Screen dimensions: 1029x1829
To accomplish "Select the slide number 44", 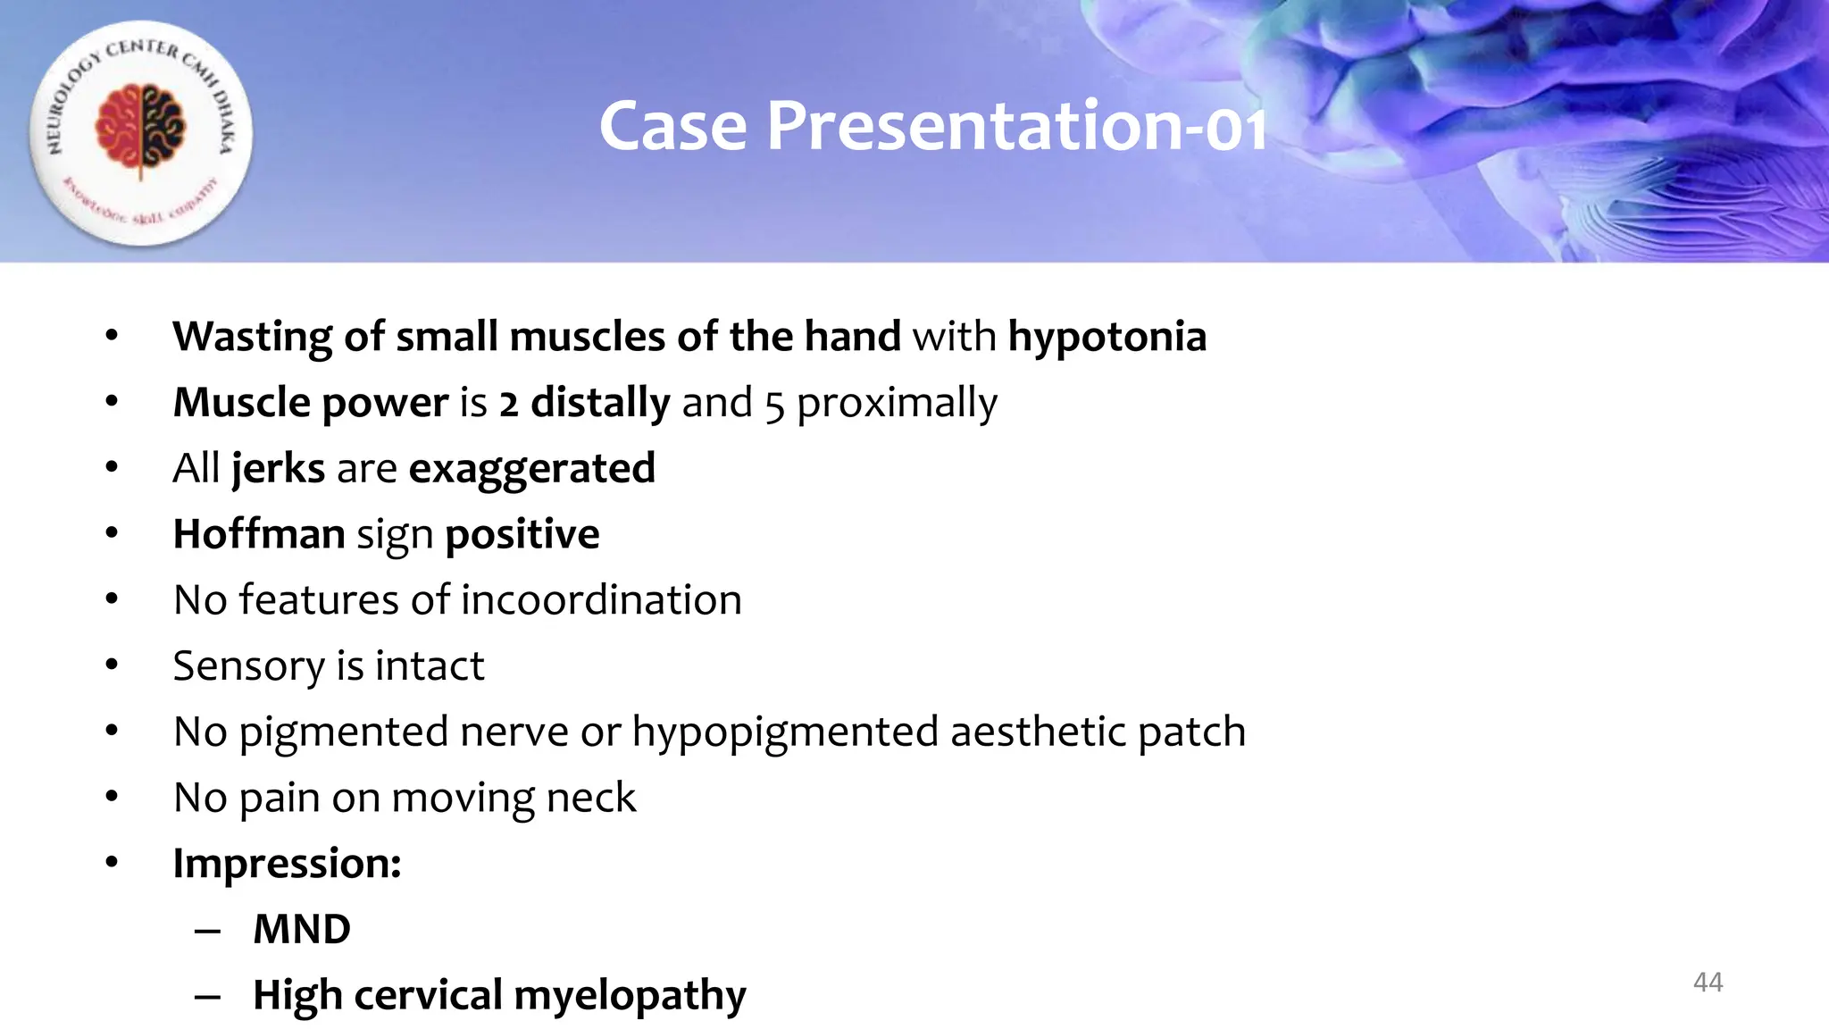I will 1708,983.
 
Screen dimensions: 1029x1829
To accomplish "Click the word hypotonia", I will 1107,337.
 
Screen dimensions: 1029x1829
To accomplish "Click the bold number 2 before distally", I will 508,404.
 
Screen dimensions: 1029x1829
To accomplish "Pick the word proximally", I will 897,404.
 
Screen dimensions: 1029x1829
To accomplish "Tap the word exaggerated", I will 532,469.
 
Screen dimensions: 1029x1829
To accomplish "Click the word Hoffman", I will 259,534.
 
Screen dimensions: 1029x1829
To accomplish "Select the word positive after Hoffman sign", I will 522,534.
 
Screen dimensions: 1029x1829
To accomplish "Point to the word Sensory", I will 248,666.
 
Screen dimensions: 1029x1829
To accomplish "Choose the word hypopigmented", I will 786,732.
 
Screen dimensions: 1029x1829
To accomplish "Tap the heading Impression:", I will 287,864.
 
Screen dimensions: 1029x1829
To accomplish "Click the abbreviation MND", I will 302,929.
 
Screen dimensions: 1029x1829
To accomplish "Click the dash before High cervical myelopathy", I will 207,996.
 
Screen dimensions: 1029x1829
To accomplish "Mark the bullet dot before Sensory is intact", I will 112,665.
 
